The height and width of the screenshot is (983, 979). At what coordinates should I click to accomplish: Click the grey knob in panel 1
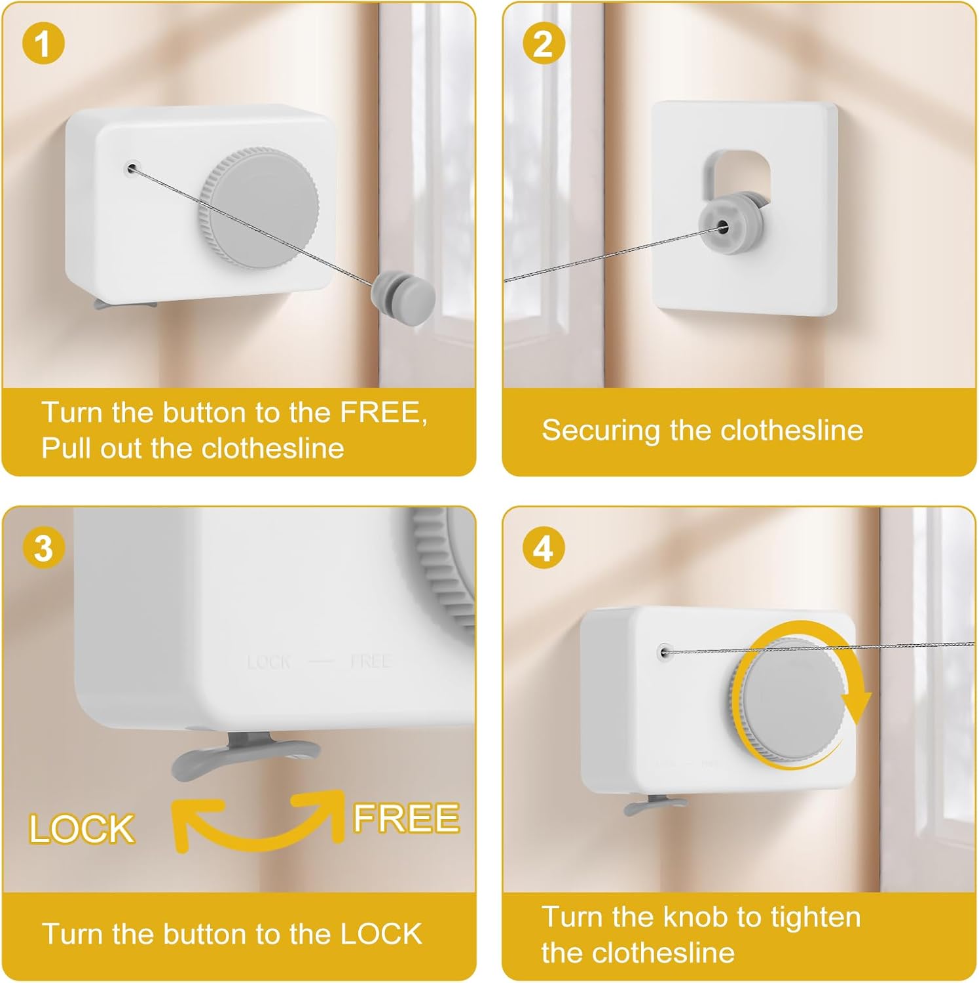(x=259, y=208)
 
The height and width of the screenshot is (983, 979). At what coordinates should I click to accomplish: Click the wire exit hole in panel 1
(x=132, y=169)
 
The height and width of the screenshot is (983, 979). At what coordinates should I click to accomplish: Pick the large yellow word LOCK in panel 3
(x=82, y=829)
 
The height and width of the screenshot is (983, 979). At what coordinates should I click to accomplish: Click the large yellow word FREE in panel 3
(x=406, y=818)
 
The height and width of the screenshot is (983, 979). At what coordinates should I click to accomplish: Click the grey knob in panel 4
(x=788, y=699)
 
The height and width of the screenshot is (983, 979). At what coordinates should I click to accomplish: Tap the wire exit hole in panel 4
(x=666, y=652)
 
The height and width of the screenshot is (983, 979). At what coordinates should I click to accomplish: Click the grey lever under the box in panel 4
(x=655, y=804)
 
